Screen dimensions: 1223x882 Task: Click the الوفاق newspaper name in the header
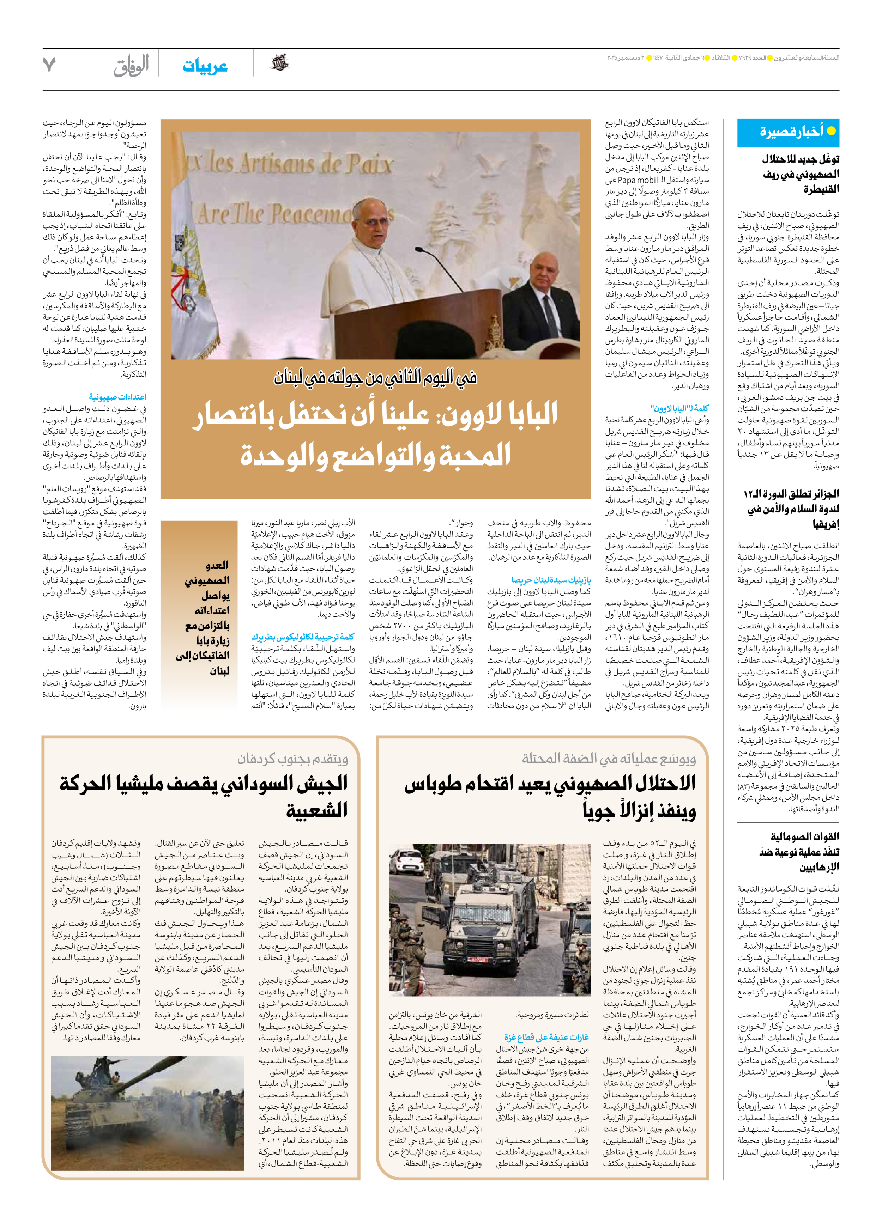click(131, 66)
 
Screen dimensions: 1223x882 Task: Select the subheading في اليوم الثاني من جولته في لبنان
click(375, 377)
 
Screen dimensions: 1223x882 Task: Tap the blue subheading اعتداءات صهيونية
click(117, 397)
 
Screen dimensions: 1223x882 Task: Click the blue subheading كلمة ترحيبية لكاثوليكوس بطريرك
click(303, 637)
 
